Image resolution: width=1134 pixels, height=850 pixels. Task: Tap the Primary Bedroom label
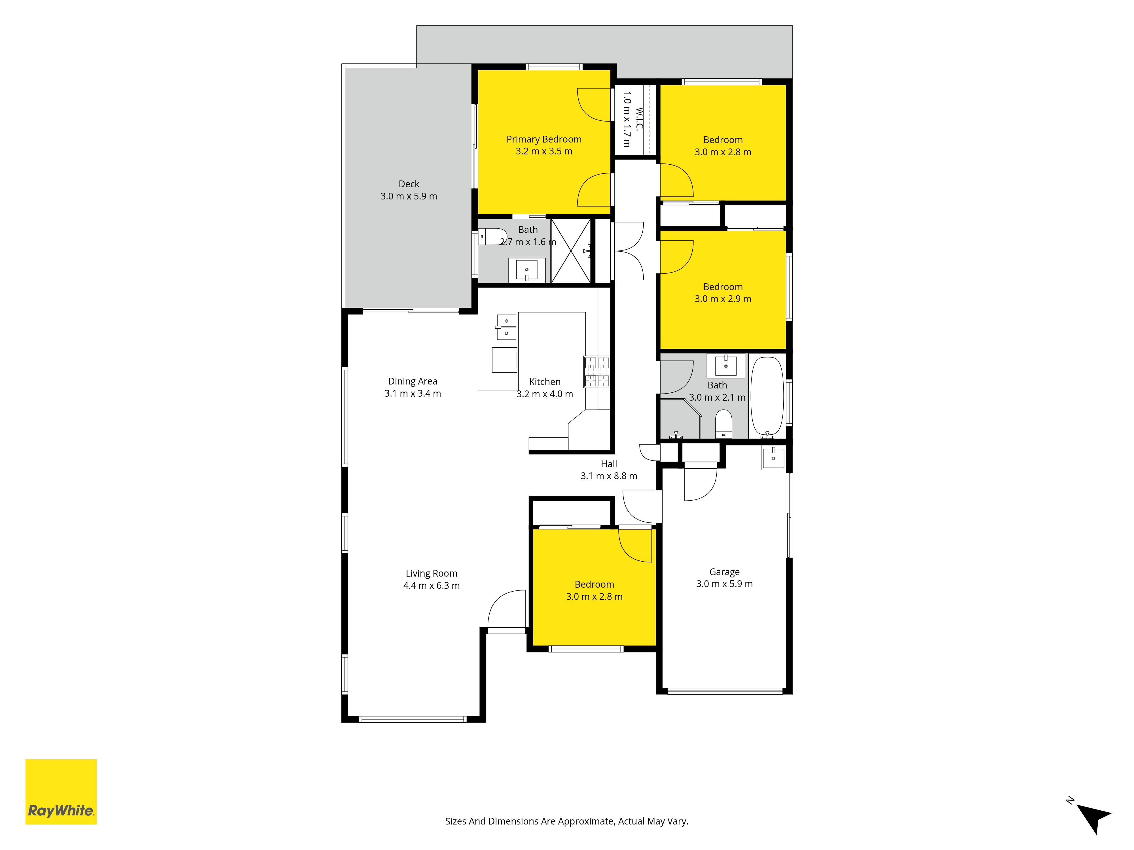pyautogui.click(x=544, y=139)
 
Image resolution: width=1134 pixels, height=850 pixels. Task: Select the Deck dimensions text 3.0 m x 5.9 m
pyautogui.click(x=409, y=196)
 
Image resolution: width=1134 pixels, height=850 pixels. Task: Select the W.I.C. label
pyautogui.click(x=639, y=119)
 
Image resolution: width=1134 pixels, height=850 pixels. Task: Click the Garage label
pyautogui.click(x=724, y=572)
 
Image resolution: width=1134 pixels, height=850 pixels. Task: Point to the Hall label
pyautogui.click(x=609, y=464)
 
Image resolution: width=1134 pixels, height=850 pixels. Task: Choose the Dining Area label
pyautogui.click(x=413, y=381)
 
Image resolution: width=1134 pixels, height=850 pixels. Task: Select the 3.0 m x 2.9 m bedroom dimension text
pyautogui.click(x=723, y=299)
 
